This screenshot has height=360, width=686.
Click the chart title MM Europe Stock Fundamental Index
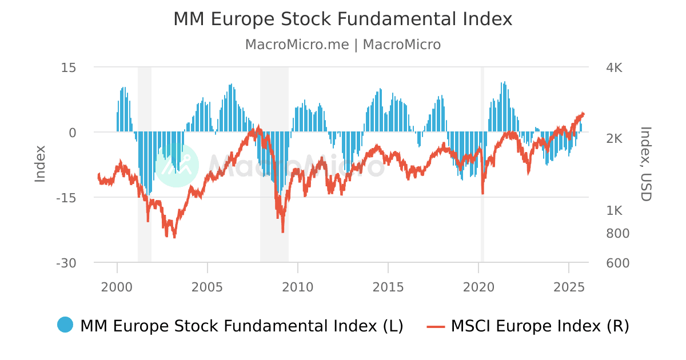tap(343, 19)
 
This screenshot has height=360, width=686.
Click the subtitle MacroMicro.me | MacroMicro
tap(343, 45)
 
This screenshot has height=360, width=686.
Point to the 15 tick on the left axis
tap(69, 67)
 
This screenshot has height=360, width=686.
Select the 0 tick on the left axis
tap(73, 133)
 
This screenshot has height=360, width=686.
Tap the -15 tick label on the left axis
tap(66, 198)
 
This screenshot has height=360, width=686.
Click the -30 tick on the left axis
tap(66, 263)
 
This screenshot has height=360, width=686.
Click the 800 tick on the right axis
tap(617, 233)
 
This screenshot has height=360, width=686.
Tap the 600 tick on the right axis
tap(617, 263)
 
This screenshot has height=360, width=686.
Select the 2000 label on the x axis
tap(117, 287)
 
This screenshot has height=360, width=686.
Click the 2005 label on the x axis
tap(208, 287)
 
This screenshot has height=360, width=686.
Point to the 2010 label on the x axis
tap(298, 287)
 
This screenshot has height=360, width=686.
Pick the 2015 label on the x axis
tap(388, 287)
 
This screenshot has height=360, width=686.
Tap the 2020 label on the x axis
tap(478, 287)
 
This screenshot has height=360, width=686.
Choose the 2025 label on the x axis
tap(569, 287)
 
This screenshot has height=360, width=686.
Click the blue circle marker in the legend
tap(65, 325)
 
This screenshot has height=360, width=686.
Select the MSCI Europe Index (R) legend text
tap(540, 326)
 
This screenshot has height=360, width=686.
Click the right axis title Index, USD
tap(645, 164)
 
